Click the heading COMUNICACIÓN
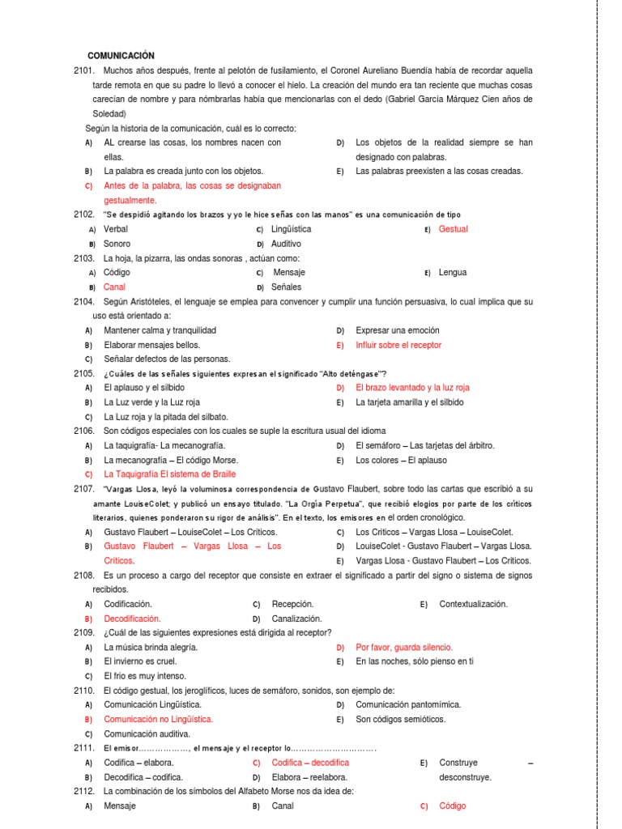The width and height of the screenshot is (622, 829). coord(120,56)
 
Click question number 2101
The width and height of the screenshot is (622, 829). coord(83,70)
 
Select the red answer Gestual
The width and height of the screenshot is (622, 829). coord(453,229)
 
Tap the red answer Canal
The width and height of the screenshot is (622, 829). coord(115,287)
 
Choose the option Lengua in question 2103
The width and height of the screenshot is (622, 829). coord(453,273)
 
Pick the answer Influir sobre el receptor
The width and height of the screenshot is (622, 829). coord(398,345)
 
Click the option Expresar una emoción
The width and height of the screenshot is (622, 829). coord(397,330)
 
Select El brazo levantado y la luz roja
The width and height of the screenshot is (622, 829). coord(412,388)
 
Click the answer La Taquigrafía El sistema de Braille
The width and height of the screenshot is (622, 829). coord(170,474)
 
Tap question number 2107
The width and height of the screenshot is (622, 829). coord(83,489)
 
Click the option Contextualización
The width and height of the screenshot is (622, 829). coord(473,604)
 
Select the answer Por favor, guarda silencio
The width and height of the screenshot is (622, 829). coord(404,647)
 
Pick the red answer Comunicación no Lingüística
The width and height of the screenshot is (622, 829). coord(159,719)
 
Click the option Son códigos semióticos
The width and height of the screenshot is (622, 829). coord(401,719)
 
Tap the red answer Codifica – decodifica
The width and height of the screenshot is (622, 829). coord(310,763)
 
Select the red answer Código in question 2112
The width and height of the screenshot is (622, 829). coord(453,806)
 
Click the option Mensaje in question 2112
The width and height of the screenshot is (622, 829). coord(120,806)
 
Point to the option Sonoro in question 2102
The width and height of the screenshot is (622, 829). coord(117,244)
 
